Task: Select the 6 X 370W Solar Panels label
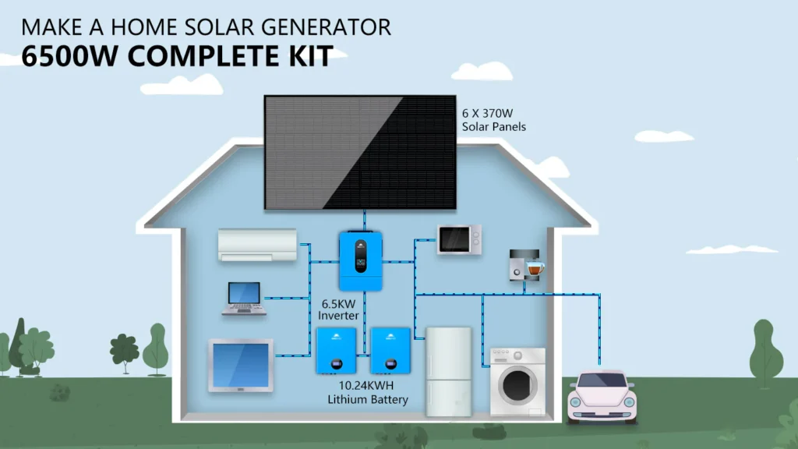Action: click(x=494, y=119)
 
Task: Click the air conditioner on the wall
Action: click(x=257, y=244)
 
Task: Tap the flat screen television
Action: click(x=241, y=365)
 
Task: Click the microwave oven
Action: click(x=459, y=239)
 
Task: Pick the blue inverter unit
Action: click(x=361, y=260)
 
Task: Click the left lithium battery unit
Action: click(x=336, y=350)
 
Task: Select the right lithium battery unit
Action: click(x=390, y=350)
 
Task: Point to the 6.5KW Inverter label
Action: click(x=339, y=309)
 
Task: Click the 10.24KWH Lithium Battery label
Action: click(x=369, y=392)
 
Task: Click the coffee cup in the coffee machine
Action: click(x=534, y=267)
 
